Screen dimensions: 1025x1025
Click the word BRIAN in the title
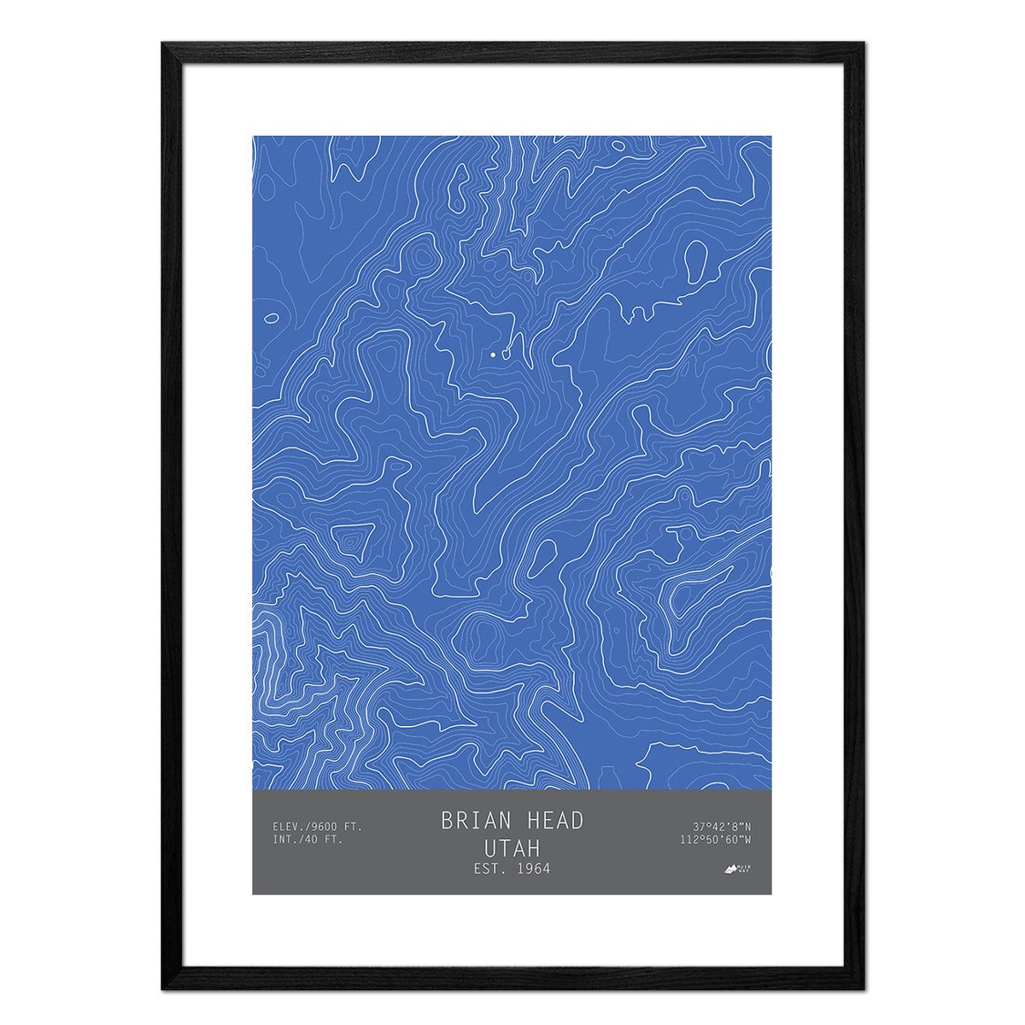475,821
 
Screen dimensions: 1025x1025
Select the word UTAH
512,848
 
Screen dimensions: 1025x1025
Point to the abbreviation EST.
488,870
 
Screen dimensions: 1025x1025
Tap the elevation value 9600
325,827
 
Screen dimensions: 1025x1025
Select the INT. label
285,840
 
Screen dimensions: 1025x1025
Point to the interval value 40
311,840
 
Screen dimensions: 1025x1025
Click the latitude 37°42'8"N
722,827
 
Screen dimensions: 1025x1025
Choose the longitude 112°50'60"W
716,840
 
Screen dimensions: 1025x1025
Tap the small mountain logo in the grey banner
732,870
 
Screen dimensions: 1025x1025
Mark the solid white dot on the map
493,353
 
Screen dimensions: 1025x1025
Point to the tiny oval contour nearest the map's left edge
272,318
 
